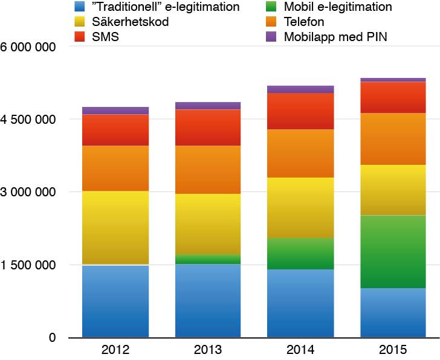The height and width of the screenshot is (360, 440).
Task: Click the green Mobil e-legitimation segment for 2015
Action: point(393,251)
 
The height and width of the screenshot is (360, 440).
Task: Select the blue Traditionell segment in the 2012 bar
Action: point(115,301)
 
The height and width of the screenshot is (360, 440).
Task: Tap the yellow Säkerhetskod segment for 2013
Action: point(208,224)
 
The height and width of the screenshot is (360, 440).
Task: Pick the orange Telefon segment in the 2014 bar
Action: point(300,153)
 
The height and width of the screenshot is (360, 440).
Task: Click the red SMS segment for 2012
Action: point(115,130)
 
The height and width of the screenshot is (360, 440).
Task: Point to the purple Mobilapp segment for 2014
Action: point(300,89)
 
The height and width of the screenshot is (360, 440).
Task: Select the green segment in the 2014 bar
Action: point(300,253)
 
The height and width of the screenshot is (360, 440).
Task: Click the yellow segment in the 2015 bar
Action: point(393,190)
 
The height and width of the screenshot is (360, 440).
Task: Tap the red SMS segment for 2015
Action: point(393,97)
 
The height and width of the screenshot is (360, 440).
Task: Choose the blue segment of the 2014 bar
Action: point(300,303)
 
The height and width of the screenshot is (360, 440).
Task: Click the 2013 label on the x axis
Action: point(208,350)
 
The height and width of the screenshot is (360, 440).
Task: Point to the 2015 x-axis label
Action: point(393,350)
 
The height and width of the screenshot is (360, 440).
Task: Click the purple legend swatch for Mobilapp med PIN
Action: point(270,37)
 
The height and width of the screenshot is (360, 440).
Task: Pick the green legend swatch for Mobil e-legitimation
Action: point(270,7)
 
